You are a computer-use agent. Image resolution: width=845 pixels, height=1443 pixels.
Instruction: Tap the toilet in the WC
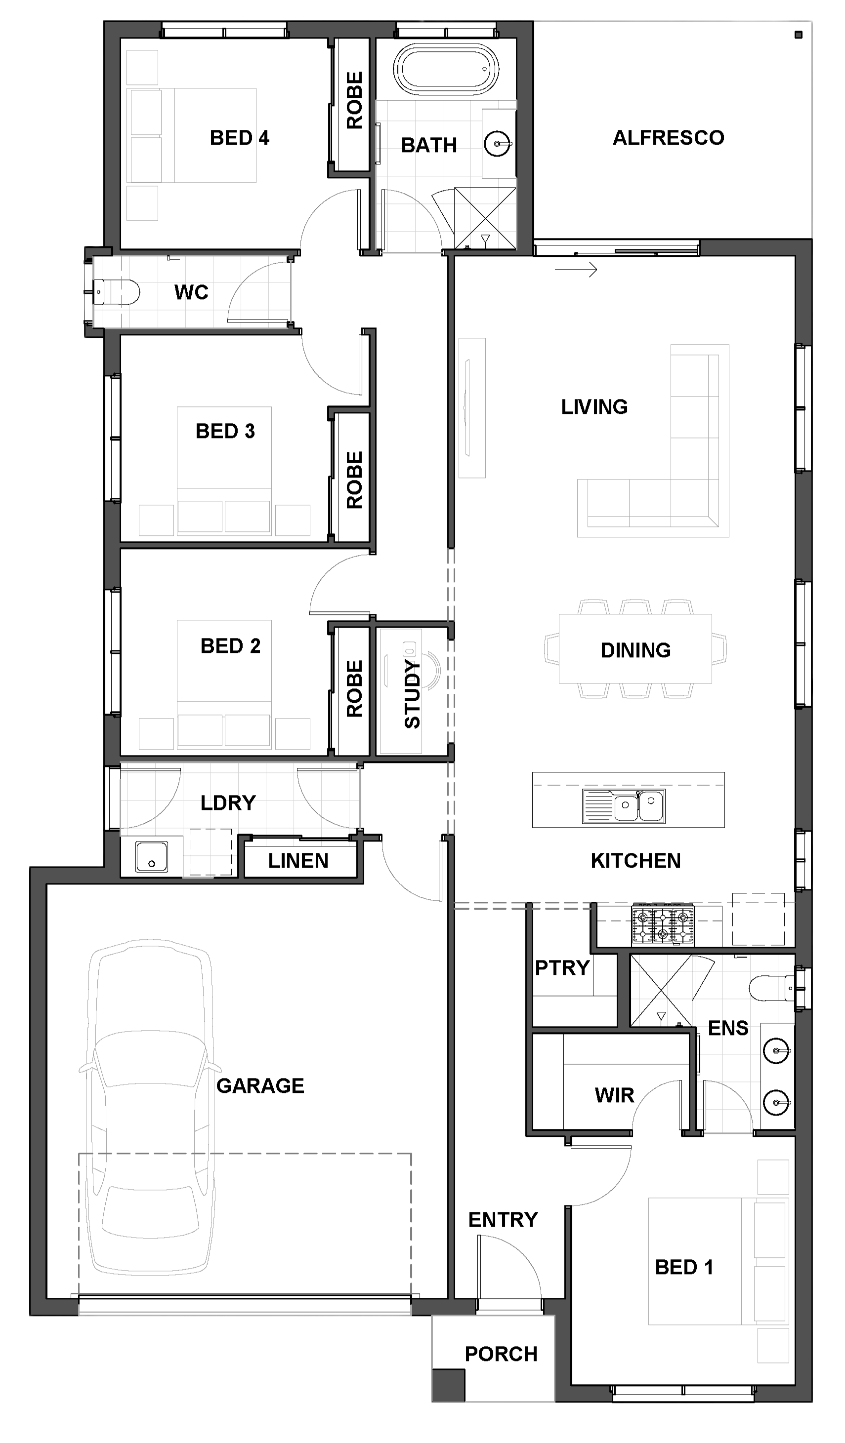[x=116, y=292]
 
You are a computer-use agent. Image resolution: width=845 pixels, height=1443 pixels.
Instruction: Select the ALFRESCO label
[x=669, y=138]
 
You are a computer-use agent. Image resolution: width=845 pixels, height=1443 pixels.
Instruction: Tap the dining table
[x=635, y=649]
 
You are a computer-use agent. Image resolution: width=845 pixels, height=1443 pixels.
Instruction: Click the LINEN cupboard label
[x=298, y=861]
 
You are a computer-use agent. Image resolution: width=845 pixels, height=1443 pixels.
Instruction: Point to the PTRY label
[x=562, y=968]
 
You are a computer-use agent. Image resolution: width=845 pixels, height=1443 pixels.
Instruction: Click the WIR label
[x=615, y=1095]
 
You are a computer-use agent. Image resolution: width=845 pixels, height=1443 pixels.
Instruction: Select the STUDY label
[x=413, y=694]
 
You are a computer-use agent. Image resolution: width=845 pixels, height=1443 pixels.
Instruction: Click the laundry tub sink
[x=152, y=857]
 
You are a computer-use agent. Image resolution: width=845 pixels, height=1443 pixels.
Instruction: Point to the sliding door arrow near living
[x=576, y=269]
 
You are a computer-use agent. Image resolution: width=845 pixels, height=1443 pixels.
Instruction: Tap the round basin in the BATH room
[x=498, y=144]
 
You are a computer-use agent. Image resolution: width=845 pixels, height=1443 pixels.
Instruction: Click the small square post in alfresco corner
[x=799, y=35]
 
